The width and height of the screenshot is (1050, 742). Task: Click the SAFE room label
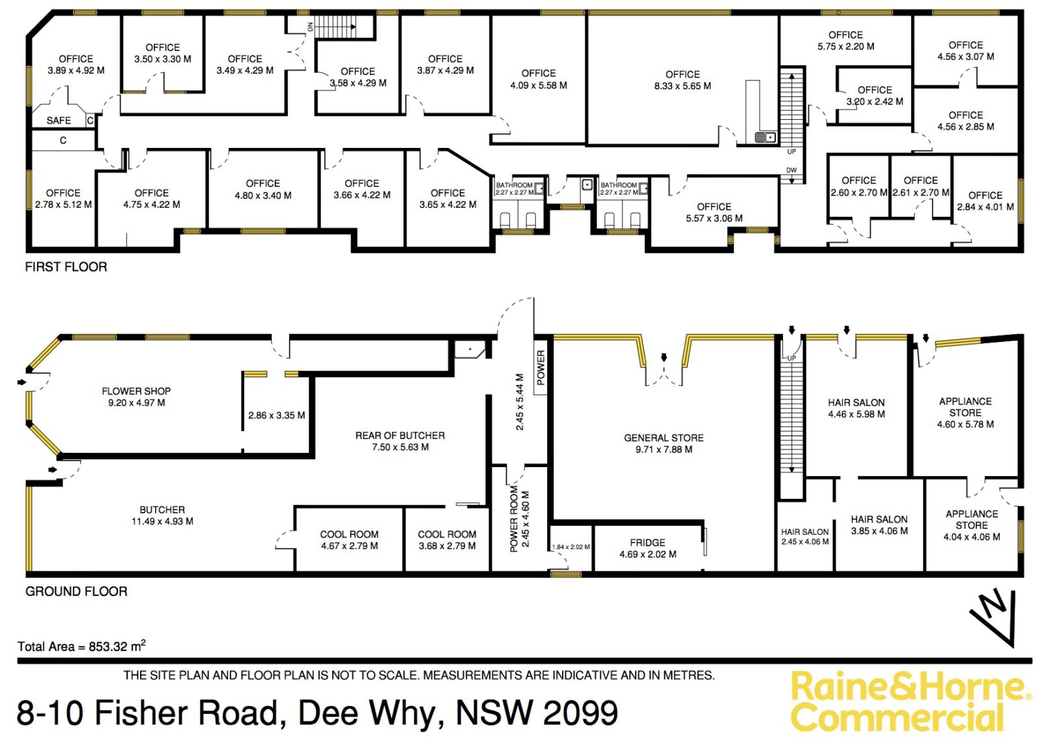click(59, 121)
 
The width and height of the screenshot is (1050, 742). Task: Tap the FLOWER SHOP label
click(136, 391)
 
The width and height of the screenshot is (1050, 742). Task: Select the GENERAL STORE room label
click(664, 438)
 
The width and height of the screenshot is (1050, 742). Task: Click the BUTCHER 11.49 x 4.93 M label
click(162, 515)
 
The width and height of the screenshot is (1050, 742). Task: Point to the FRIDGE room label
click(647, 542)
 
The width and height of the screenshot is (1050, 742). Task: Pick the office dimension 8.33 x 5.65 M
click(683, 86)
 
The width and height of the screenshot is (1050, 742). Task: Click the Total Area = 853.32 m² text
click(81, 646)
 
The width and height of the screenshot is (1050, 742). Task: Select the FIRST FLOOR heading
click(66, 266)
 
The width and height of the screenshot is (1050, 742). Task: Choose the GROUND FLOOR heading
click(76, 591)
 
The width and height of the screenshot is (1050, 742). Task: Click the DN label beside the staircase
click(310, 27)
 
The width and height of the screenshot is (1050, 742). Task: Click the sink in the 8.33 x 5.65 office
click(765, 137)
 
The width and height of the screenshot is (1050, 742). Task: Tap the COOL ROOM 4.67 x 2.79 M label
click(349, 540)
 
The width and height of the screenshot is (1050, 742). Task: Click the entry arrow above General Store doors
click(664, 357)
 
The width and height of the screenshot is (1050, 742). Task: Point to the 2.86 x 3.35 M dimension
click(277, 415)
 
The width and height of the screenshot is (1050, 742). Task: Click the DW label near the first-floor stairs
click(791, 170)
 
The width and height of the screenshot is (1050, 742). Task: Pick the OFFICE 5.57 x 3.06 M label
click(714, 212)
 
